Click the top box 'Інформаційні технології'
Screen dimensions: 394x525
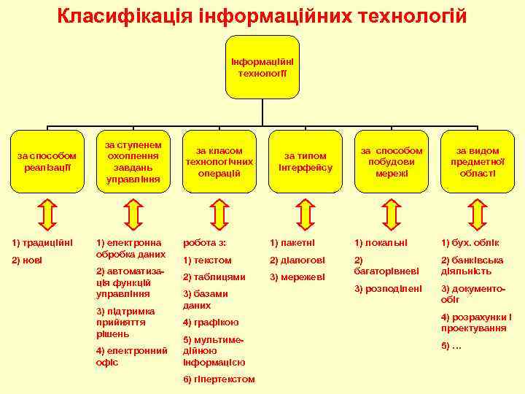(x=262, y=66)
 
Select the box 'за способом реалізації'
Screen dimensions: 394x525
(x=47, y=161)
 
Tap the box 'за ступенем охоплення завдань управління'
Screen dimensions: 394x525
(x=133, y=157)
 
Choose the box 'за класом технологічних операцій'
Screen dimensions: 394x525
(x=219, y=161)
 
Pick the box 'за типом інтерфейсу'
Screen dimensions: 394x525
(x=306, y=161)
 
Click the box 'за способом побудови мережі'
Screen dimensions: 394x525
(x=392, y=161)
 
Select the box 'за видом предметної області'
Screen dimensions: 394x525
(x=478, y=161)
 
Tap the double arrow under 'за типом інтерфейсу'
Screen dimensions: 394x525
(x=306, y=213)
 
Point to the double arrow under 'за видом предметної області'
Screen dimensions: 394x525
(x=478, y=213)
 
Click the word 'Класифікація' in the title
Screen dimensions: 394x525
(x=125, y=15)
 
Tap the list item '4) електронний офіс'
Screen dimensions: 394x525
(x=132, y=356)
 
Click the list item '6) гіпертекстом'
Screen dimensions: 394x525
(x=219, y=379)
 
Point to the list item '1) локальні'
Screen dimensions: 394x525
(x=381, y=242)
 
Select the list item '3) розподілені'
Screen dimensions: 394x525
(x=388, y=289)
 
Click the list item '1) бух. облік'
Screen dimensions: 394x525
(x=470, y=242)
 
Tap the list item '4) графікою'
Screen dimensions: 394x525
(x=211, y=322)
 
